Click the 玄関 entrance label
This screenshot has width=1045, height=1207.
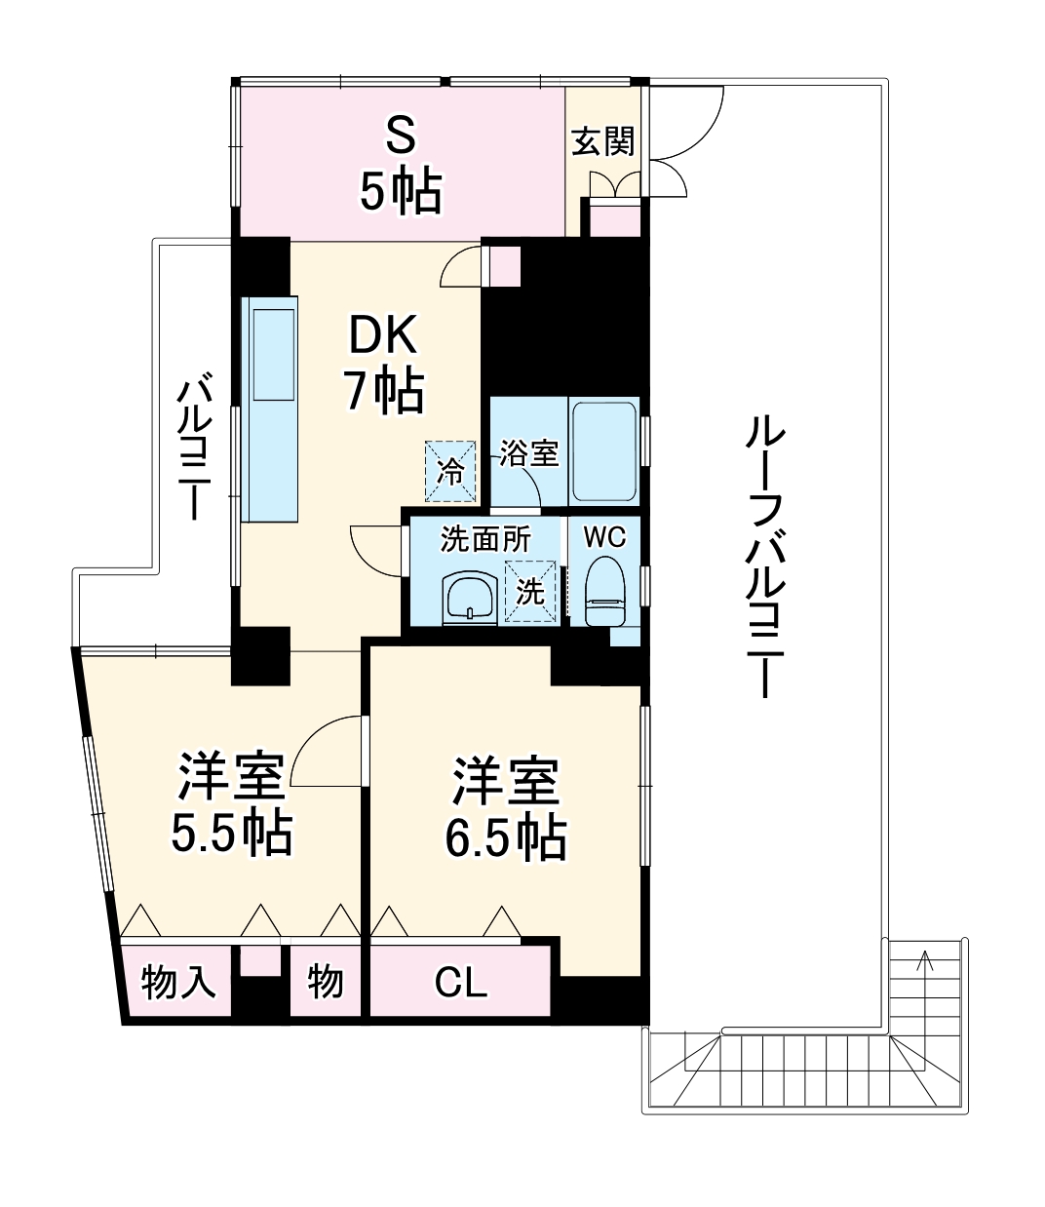coord(603,141)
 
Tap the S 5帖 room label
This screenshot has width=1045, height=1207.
coord(401,166)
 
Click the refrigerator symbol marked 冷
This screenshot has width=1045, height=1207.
coord(451,470)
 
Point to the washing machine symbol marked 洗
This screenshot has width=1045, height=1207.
coord(531,591)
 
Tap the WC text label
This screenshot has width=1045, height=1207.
coord(604,536)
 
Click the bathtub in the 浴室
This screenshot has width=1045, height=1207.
coord(603,451)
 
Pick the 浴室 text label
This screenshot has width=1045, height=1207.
coord(529,452)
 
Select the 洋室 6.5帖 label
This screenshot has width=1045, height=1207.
coord(506,810)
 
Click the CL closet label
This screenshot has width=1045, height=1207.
coord(460,983)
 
